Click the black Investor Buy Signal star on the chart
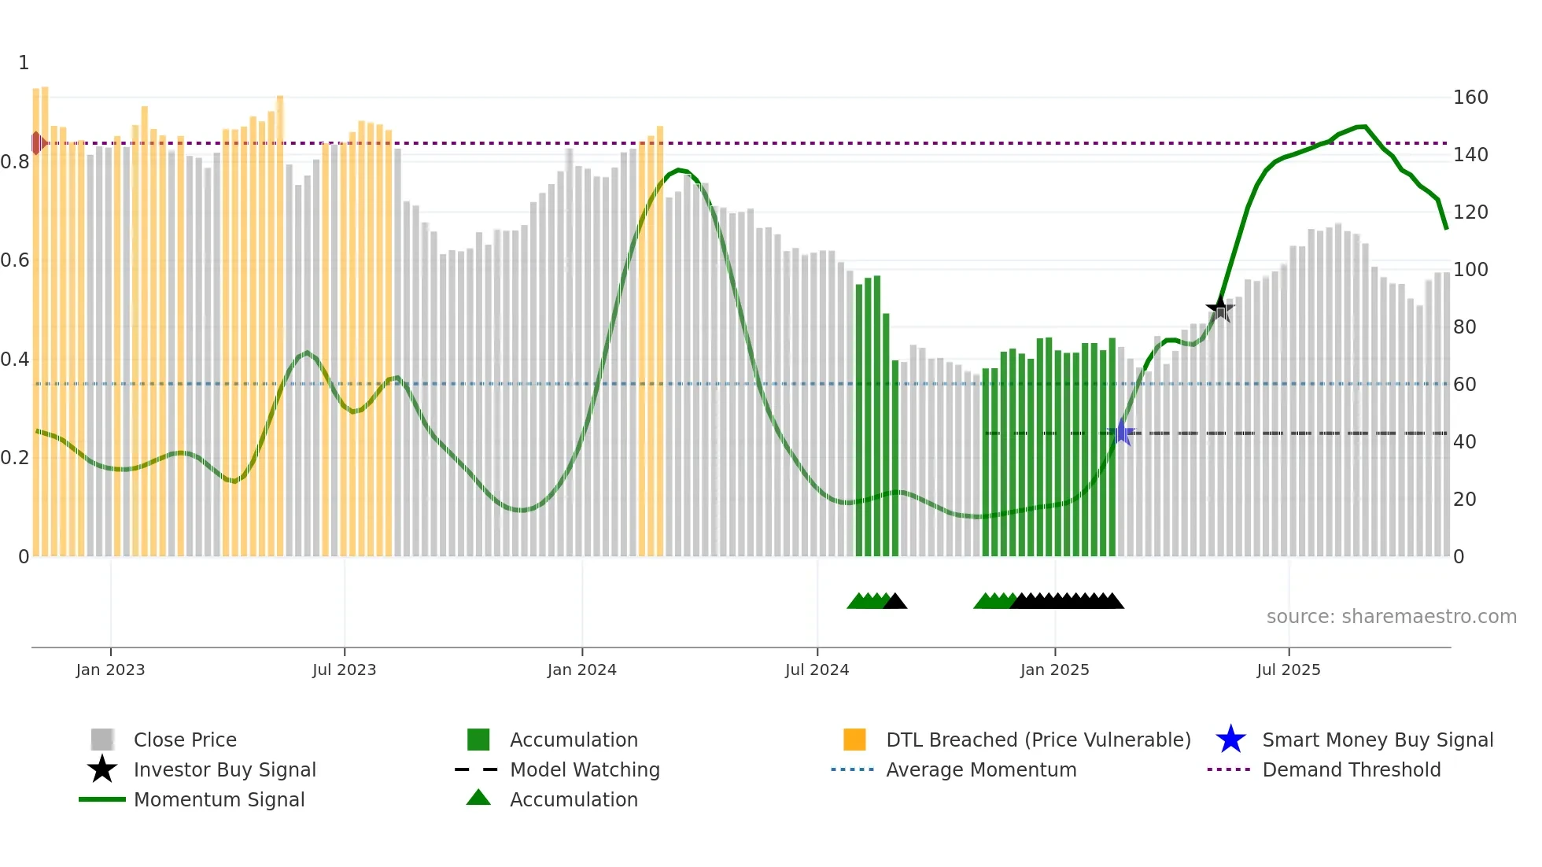(1220, 309)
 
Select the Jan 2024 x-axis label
(581, 670)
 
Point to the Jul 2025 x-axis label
(1288, 670)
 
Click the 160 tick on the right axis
(1470, 98)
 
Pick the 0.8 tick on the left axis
(15, 162)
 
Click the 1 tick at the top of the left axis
(24, 63)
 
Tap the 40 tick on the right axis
(1464, 442)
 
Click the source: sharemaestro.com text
(1391, 617)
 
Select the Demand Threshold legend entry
(1351, 769)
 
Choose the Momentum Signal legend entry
(219, 799)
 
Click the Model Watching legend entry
(585, 769)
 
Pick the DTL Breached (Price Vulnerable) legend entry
(1038, 740)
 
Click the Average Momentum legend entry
(980, 769)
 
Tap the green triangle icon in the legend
(478, 799)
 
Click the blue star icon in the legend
(1230, 740)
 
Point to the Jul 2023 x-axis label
(344, 670)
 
